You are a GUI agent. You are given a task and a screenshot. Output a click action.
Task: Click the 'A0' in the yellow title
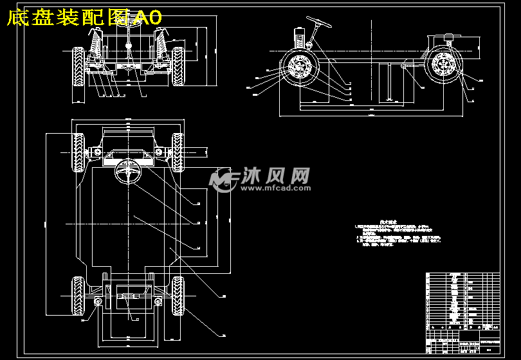(x=149, y=17)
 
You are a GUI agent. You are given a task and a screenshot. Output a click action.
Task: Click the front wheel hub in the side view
(x=299, y=66)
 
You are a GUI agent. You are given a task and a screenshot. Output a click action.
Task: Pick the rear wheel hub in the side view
(x=444, y=66)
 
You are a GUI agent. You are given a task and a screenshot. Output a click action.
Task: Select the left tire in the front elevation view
(x=79, y=66)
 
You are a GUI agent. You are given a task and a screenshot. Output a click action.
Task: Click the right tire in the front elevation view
(x=178, y=66)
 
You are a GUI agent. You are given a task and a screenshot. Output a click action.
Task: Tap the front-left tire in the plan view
(x=78, y=152)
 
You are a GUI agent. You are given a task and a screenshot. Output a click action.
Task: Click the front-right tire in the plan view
(x=178, y=152)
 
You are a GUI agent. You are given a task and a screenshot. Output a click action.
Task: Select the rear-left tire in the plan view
(x=78, y=296)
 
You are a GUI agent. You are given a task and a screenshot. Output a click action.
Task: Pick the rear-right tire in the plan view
(x=178, y=296)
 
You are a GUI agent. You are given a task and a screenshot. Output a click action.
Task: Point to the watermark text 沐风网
(x=277, y=175)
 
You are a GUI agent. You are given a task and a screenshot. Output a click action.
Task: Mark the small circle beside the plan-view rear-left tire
(x=98, y=301)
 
